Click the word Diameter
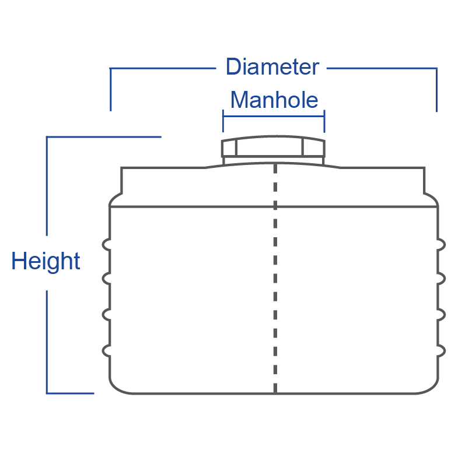click(272, 67)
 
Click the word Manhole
click(274, 100)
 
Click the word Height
click(46, 261)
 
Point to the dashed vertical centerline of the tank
click(275, 280)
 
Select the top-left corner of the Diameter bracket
click(111, 69)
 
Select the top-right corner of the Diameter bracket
click(436, 69)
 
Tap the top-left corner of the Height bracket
click(47, 138)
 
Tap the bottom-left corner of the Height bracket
click(47, 393)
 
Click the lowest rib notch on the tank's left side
click(106, 350)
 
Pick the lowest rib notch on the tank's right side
click(442, 350)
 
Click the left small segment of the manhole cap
click(229, 148)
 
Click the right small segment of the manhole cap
click(313, 148)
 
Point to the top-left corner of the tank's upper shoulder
click(122, 168)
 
